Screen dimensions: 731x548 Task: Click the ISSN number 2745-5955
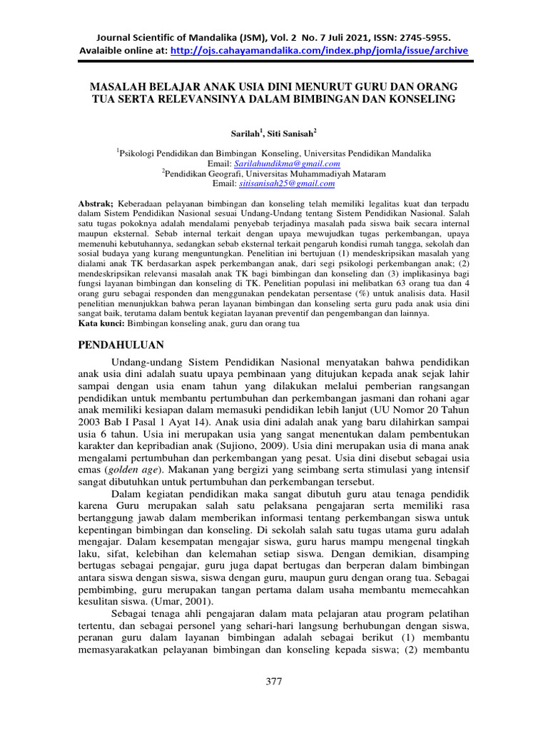click(425, 36)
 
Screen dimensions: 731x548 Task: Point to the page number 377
click(274, 682)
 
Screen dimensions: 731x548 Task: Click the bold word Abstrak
click(95, 203)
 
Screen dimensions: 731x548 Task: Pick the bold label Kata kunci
click(99, 323)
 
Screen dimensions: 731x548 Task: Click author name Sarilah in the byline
click(246, 133)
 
